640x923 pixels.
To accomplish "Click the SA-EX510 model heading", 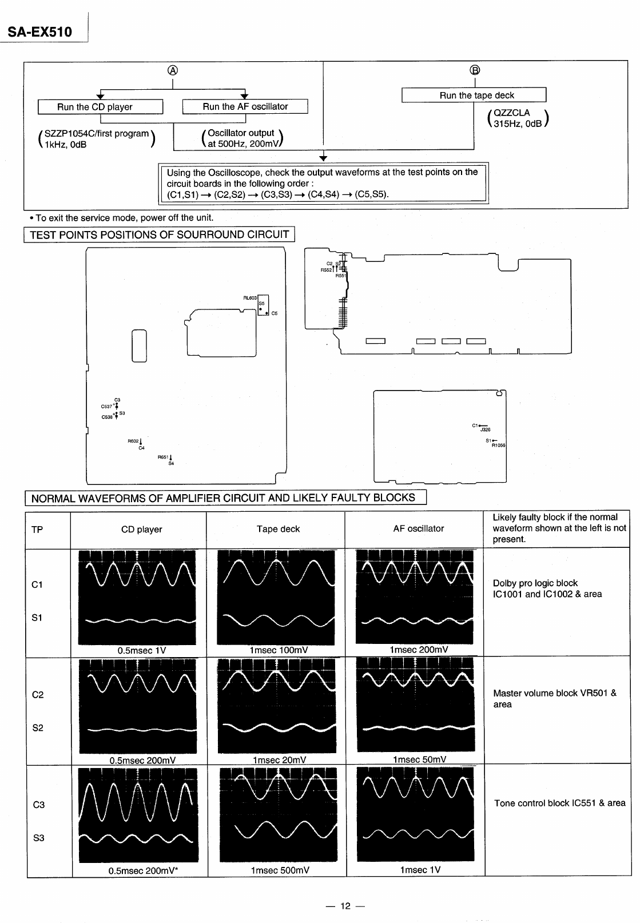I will pos(40,32).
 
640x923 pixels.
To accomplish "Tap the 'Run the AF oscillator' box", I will pos(245,106).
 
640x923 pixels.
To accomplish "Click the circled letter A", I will pos(172,70).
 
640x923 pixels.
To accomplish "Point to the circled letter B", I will pos(475,70).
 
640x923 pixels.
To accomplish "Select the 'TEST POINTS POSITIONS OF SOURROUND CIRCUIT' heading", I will pos(159,234).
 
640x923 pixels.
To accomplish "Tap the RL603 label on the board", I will pos(250,298).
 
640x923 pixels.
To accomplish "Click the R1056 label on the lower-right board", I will pos(498,445).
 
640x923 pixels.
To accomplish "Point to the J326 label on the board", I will pos(485,429).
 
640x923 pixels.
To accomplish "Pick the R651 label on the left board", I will pos(163,457).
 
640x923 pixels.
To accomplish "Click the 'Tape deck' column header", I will pos(278,529).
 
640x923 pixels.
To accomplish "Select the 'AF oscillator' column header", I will pos(418,528).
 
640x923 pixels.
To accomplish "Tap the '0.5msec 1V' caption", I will pos(141,650).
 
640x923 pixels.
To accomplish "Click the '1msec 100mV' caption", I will pos(279,650).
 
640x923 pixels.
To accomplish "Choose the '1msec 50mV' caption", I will pos(419,759).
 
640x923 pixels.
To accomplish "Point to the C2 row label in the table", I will pos(38,695).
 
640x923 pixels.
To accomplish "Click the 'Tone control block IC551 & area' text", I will pos(559,803).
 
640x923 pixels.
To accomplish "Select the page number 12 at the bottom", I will pos(345,906).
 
